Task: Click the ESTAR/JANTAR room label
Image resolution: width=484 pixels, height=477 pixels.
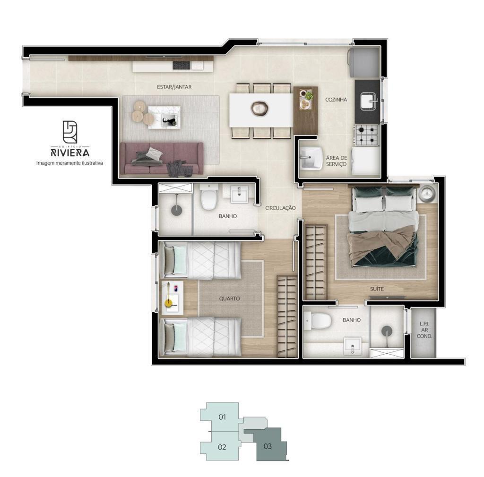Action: point(174,87)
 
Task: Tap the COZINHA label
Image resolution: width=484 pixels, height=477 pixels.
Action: point(336,100)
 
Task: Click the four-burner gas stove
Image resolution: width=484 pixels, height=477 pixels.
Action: point(367,135)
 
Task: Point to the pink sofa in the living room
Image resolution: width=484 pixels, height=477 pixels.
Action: point(162,159)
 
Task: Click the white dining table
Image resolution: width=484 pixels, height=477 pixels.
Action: point(261,110)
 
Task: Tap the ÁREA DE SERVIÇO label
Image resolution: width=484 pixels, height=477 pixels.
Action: point(336,161)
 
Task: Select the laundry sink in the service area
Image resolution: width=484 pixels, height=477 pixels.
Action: point(311,158)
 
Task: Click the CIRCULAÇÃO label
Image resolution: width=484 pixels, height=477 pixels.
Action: point(280,208)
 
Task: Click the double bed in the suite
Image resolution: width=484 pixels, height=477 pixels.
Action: point(383,226)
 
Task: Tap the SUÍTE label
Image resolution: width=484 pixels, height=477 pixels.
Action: point(377,289)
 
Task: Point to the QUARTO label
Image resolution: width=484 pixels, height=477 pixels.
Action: point(229,298)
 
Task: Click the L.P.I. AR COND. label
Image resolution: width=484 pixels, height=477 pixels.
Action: point(424,330)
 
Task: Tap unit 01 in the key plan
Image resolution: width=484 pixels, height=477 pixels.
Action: point(222,417)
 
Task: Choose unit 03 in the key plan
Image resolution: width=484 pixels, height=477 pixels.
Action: point(268,446)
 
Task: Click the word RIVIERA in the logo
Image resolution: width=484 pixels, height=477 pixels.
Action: point(70,153)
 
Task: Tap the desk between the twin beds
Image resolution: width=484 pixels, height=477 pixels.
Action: point(172,298)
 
